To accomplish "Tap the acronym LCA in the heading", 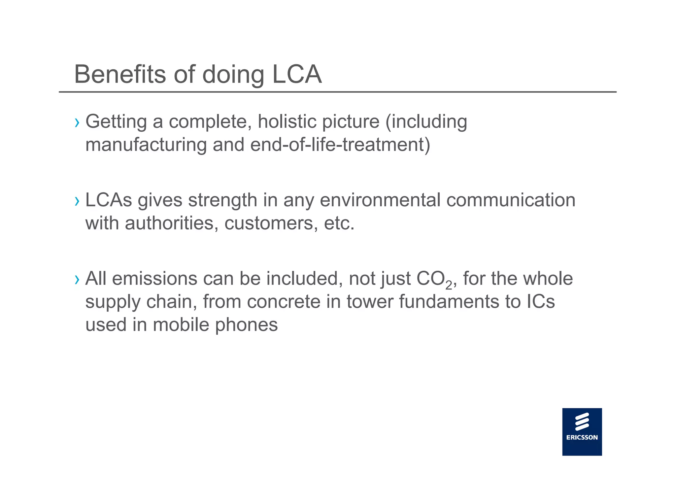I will click(x=296, y=74).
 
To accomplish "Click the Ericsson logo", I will click(x=582, y=431).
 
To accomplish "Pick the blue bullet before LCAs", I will click(x=77, y=201).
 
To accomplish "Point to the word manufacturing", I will click(x=146, y=145).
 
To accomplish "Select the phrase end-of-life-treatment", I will click(x=340, y=145).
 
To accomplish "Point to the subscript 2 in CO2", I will click(x=449, y=285).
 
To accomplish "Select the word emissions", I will click(x=154, y=279).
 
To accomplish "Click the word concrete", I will click(x=284, y=302).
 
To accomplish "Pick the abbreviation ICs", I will click(x=540, y=302).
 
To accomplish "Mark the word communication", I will click(x=511, y=200).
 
